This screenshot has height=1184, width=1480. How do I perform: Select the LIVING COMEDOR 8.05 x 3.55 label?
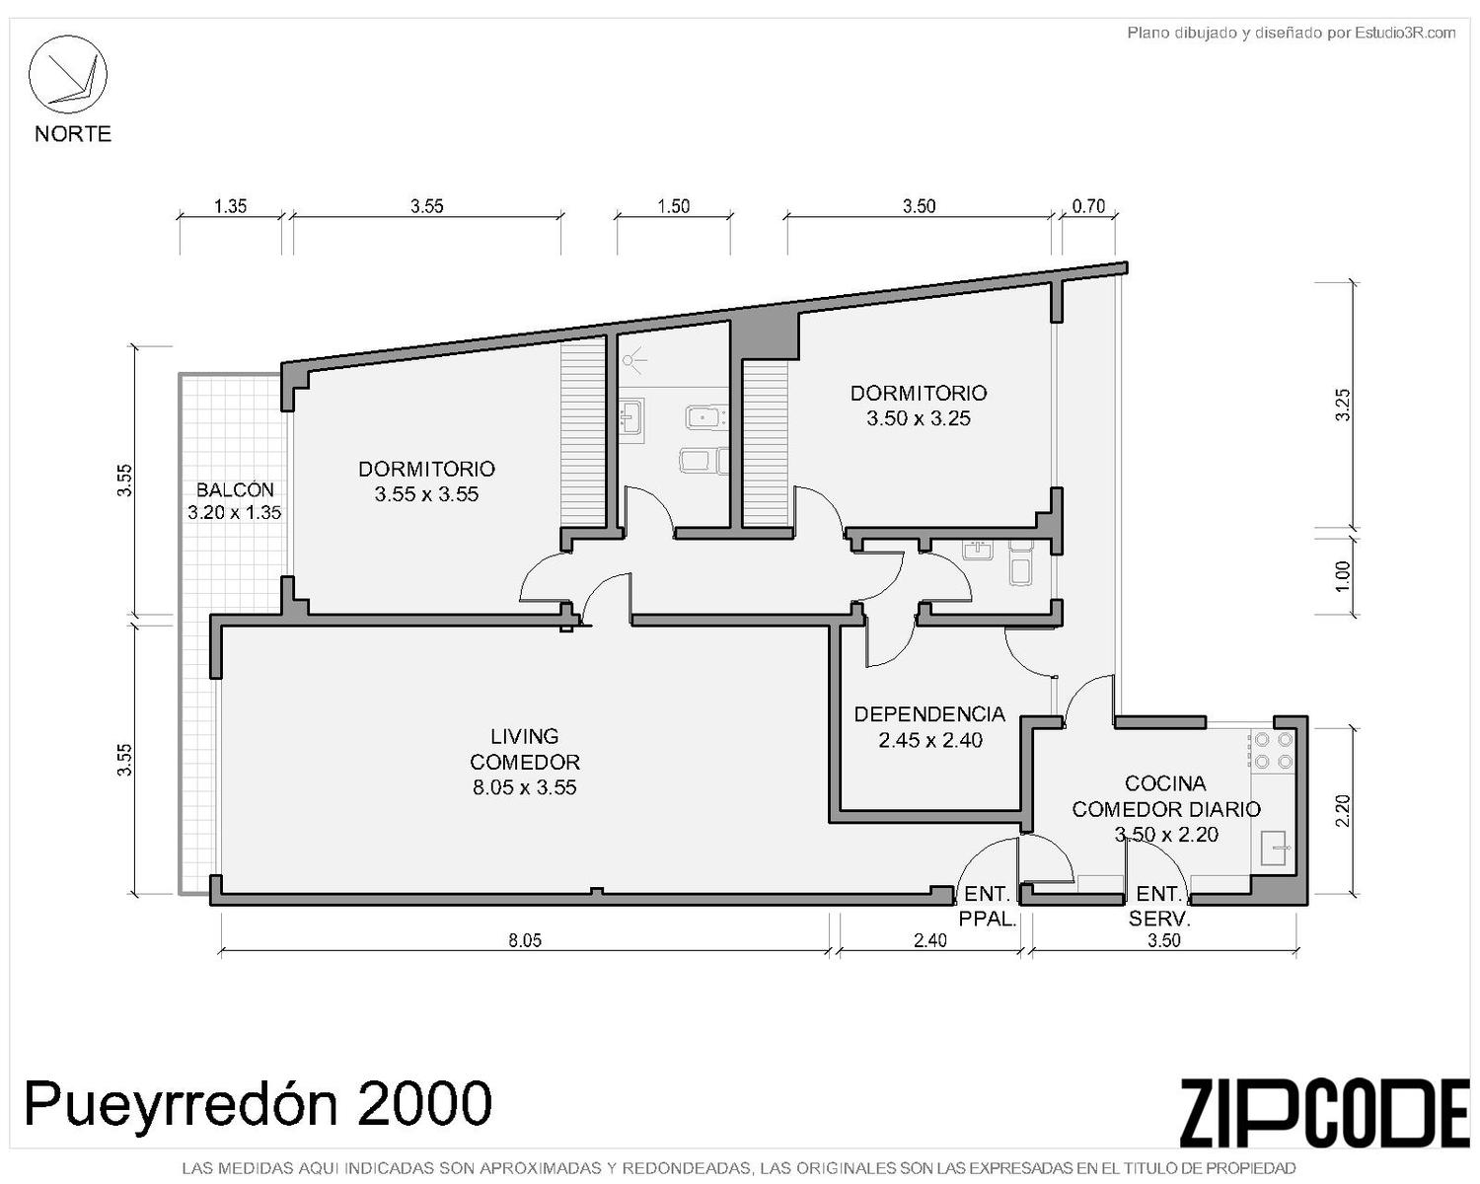(x=525, y=762)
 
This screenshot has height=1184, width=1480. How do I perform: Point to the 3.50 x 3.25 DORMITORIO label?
(x=919, y=406)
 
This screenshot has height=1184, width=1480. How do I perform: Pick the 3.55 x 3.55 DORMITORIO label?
(x=426, y=481)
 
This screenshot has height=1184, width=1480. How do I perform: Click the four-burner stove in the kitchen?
(x=1273, y=750)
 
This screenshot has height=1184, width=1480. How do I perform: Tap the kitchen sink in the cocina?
(x=1274, y=849)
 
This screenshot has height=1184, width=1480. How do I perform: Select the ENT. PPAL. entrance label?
(x=988, y=906)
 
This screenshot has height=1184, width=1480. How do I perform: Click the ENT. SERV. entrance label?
(x=1159, y=906)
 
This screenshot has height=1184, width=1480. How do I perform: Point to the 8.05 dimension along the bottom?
(x=525, y=939)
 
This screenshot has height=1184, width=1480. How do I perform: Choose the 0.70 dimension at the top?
(x=1088, y=205)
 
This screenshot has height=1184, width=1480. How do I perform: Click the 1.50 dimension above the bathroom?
(x=673, y=205)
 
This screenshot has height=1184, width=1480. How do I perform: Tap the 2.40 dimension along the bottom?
(x=929, y=939)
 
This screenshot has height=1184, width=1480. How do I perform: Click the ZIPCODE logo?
(x=1324, y=1112)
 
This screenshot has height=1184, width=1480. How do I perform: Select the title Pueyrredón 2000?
(x=258, y=1103)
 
